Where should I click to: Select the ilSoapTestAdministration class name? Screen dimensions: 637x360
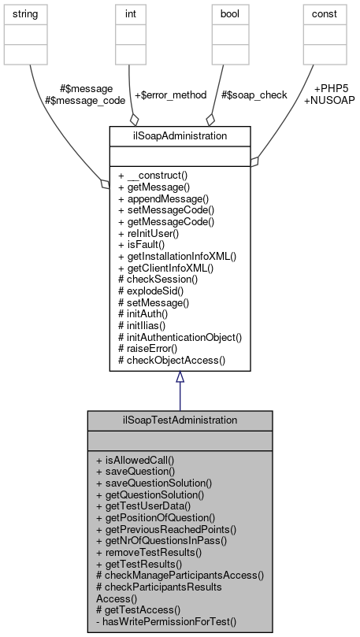click(180, 420)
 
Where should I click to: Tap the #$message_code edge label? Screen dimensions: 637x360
click(79, 100)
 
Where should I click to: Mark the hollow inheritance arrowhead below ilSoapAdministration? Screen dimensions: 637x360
click(180, 377)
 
